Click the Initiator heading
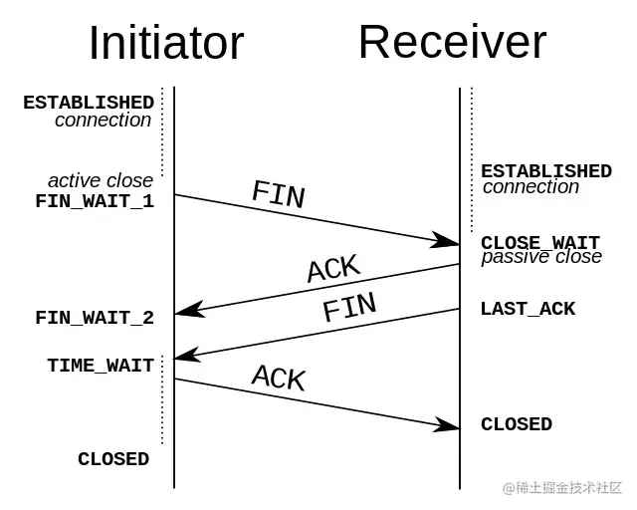coord(166,43)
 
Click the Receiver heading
coord(453,42)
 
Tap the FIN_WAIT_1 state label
coord(95,201)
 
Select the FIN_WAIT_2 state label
coord(95,318)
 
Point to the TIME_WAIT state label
coord(101,366)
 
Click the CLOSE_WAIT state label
coord(540,243)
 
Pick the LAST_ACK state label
coord(529,309)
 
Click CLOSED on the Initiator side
coord(113,459)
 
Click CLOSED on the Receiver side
coord(517,424)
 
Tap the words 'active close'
coord(101,181)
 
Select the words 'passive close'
coord(541,257)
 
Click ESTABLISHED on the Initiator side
coord(89,103)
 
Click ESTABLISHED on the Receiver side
coord(546,171)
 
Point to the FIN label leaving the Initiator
coord(279,194)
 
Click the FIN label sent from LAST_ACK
coord(349,307)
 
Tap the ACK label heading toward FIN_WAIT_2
coord(334,268)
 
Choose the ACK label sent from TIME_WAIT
coord(279,378)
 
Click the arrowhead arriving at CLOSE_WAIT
coord(445,240)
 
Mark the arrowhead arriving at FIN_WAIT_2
coord(189,310)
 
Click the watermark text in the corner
coord(562,488)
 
